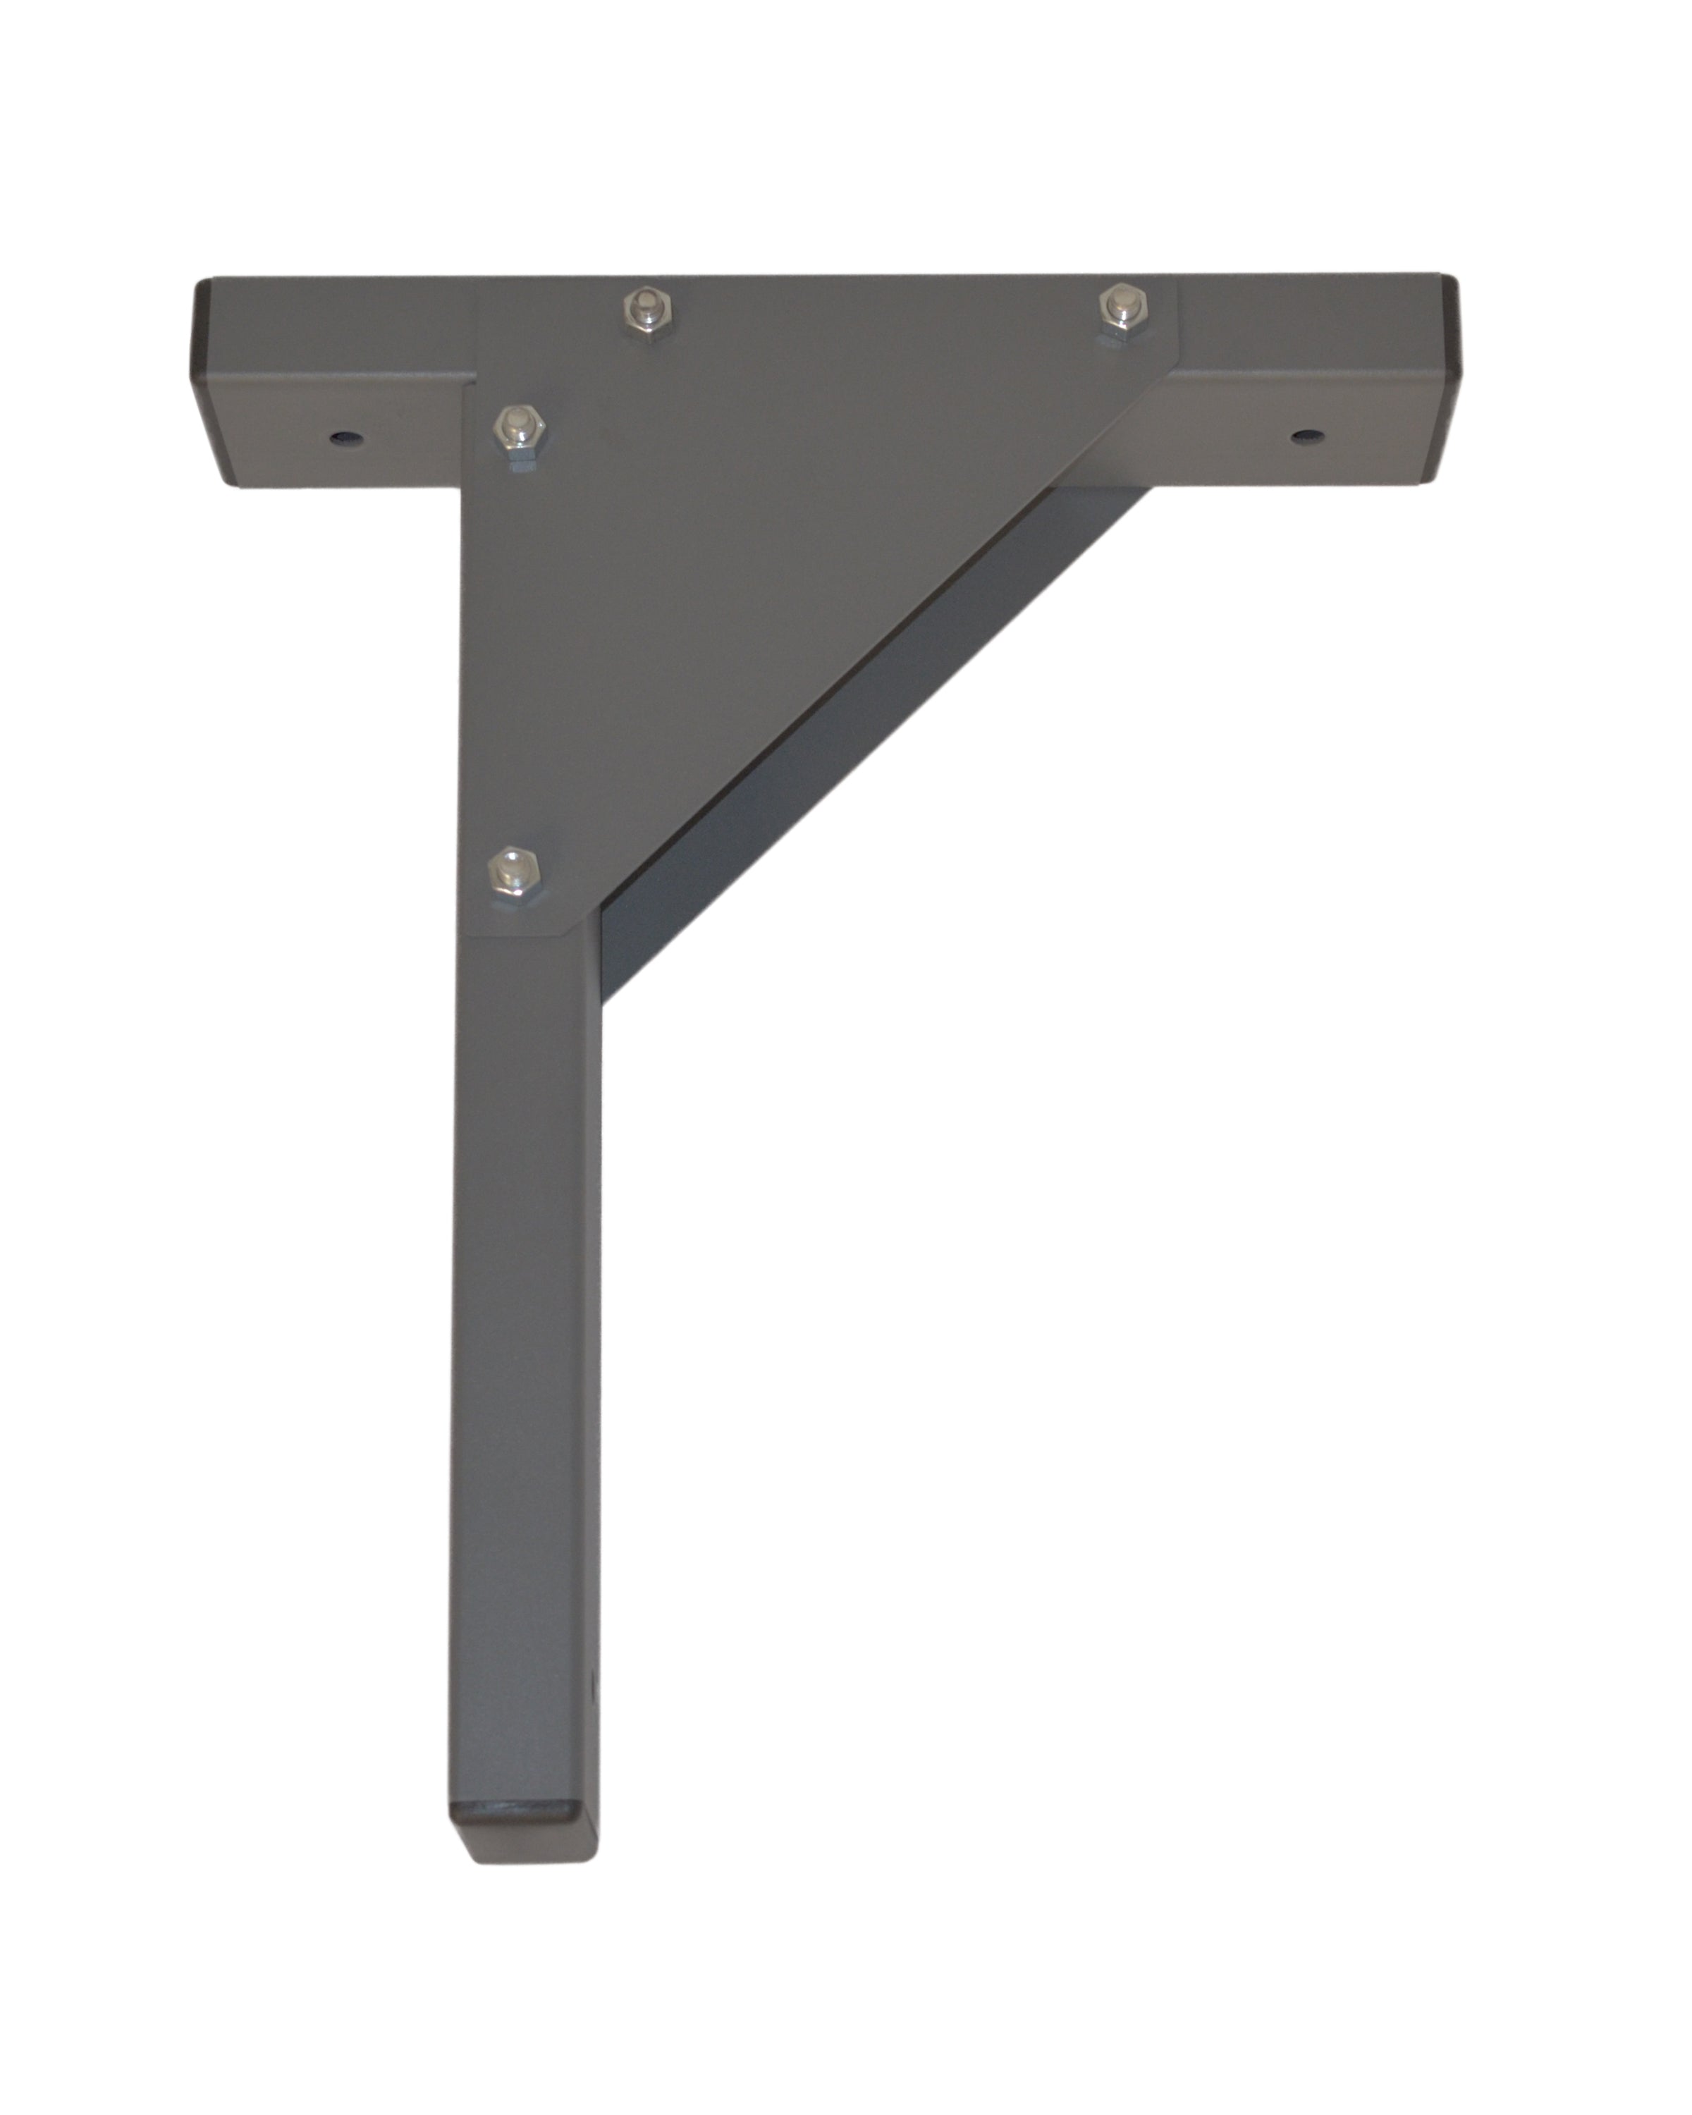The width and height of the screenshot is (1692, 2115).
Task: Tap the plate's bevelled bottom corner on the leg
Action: (569, 927)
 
